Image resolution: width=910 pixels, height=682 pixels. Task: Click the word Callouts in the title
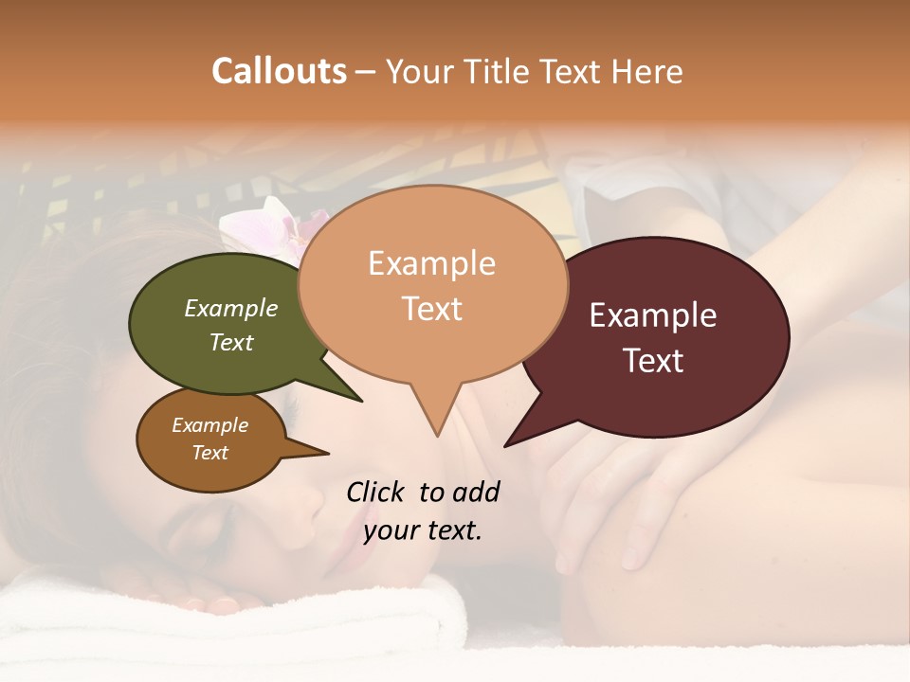pyautogui.click(x=279, y=71)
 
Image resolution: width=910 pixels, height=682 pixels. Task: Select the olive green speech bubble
pyautogui.click(x=218, y=322)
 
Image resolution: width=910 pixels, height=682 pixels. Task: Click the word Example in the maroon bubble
pyautogui.click(x=653, y=315)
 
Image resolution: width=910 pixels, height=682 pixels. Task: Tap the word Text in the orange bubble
pyautogui.click(x=431, y=309)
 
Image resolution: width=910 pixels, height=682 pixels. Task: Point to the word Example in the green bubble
pyautogui.click(x=230, y=309)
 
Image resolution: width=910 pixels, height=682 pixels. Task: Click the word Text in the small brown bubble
pyautogui.click(x=210, y=453)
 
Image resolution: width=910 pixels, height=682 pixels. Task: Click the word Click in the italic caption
pyautogui.click(x=375, y=492)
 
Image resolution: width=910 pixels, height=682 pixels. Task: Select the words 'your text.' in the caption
pyautogui.click(x=423, y=530)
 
